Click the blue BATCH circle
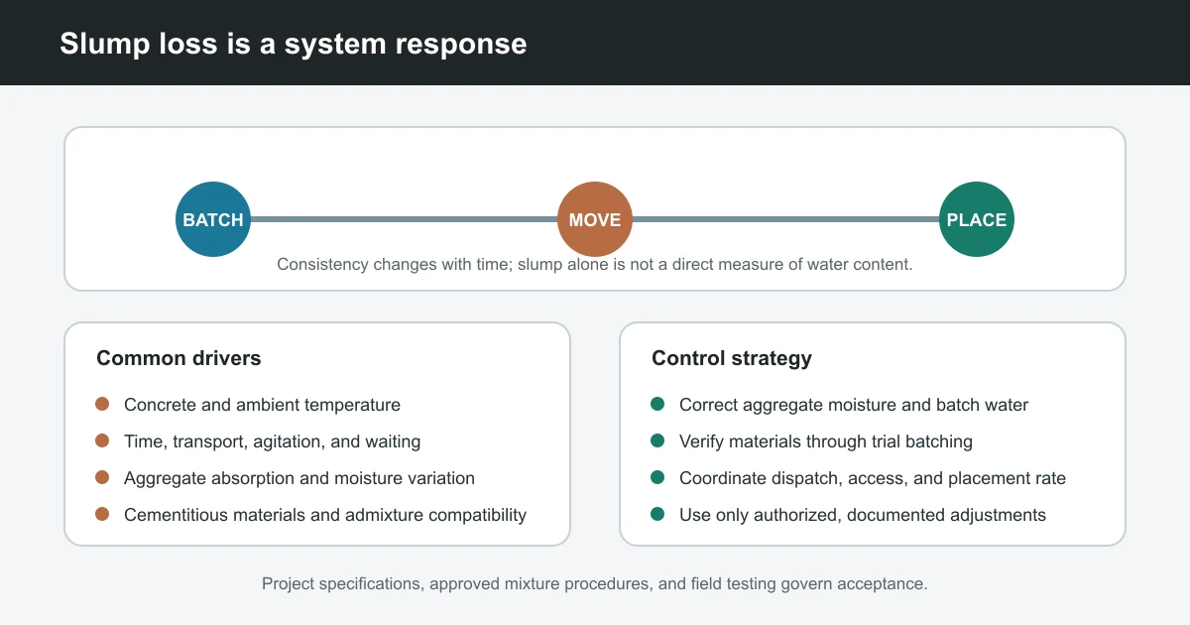(x=213, y=219)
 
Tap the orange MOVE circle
(x=595, y=219)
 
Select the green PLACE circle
(x=977, y=219)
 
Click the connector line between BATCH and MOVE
(x=404, y=219)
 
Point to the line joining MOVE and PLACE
(x=785, y=219)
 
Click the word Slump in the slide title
(x=105, y=44)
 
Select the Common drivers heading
(x=178, y=358)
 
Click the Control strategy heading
(x=732, y=358)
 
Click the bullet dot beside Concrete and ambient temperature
(x=102, y=404)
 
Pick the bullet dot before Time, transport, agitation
(x=102, y=440)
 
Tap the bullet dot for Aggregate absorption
(x=102, y=477)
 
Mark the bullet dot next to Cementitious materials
(x=102, y=514)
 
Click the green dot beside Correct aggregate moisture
(x=657, y=404)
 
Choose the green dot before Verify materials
(x=657, y=440)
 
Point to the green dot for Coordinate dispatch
(x=657, y=477)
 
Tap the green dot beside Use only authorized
(x=657, y=514)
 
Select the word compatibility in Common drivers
(x=477, y=515)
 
